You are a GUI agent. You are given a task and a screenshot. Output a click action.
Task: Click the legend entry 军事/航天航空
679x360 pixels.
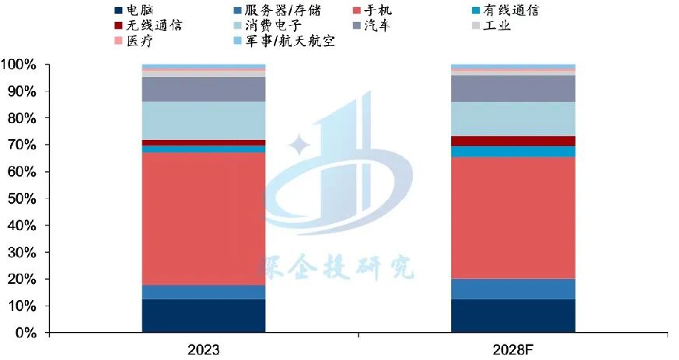(x=296, y=40)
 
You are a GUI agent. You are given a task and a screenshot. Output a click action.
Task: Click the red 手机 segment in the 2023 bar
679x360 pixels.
(x=204, y=218)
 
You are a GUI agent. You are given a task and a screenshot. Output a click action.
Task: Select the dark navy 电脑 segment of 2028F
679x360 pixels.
(x=513, y=316)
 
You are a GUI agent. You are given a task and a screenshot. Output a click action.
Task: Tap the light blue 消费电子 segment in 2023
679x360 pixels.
(x=204, y=121)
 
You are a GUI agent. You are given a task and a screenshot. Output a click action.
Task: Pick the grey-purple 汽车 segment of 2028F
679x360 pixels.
(x=513, y=88)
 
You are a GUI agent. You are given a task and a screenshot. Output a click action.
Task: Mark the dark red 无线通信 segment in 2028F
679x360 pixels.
(x=513, y=141)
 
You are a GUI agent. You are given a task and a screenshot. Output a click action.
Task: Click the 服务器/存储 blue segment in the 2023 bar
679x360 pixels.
(x=204, y=292)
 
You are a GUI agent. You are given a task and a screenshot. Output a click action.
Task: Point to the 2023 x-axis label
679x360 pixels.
(x=204, y=349)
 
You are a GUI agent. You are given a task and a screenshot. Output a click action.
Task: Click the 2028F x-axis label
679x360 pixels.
(x=513, y=349)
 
